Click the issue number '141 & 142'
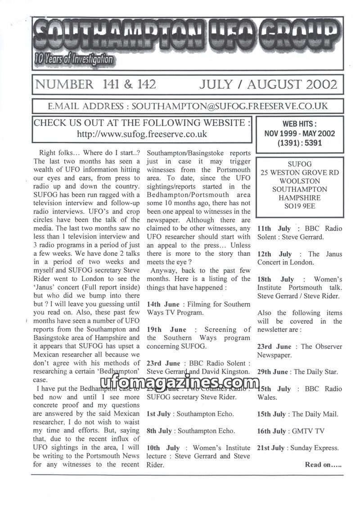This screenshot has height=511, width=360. tap(127, 84)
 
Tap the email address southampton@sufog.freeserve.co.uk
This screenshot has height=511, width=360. tap(229, 106)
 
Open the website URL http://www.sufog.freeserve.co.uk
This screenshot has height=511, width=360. tap(142, 134)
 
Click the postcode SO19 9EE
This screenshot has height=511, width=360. tap(299, 206)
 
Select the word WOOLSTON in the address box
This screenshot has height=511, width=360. tap(299, 181)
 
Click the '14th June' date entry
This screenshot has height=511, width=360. tap(163, 304)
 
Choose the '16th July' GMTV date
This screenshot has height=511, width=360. tap(271, 431)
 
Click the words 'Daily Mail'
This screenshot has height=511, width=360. tap(322, 414)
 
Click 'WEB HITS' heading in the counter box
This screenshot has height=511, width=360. tap(299, 124)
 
